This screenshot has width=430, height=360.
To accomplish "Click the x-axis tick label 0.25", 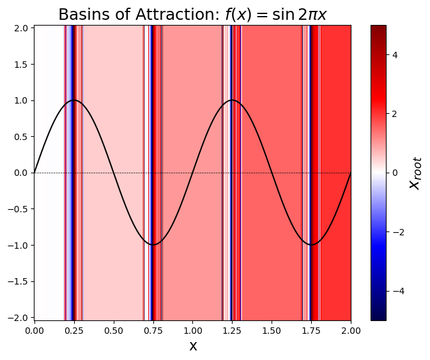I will tap(73, 330).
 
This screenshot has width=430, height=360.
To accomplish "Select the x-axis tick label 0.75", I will tap(153, 330).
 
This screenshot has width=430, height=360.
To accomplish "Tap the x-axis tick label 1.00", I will tap(192, 330).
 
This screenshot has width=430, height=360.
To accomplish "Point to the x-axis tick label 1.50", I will tap(272, 330).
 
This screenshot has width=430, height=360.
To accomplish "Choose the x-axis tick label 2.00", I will tap(351, 330).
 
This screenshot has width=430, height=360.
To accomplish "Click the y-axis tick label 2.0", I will tap(21, 28).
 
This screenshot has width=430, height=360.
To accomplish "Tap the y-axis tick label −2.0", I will tap(19, 318).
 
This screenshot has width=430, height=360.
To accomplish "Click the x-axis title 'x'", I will tap(192, 346).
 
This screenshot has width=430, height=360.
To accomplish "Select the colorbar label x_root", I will tap(416, 173).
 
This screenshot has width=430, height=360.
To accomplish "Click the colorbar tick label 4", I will tap(395, 55).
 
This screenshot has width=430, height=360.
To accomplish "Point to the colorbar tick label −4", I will tap(397, 291).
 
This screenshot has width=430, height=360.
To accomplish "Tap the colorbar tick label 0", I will tap(395, 173).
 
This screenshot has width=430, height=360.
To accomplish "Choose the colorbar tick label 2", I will tap(395, 114).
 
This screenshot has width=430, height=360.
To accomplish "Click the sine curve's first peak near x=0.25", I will tap(73, 100).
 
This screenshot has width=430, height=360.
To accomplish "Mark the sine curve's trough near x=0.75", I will tap(153, 245).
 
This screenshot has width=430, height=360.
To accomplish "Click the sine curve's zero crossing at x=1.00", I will tap(192, 173).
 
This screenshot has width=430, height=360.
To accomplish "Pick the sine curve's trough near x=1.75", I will tap(311, 245).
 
